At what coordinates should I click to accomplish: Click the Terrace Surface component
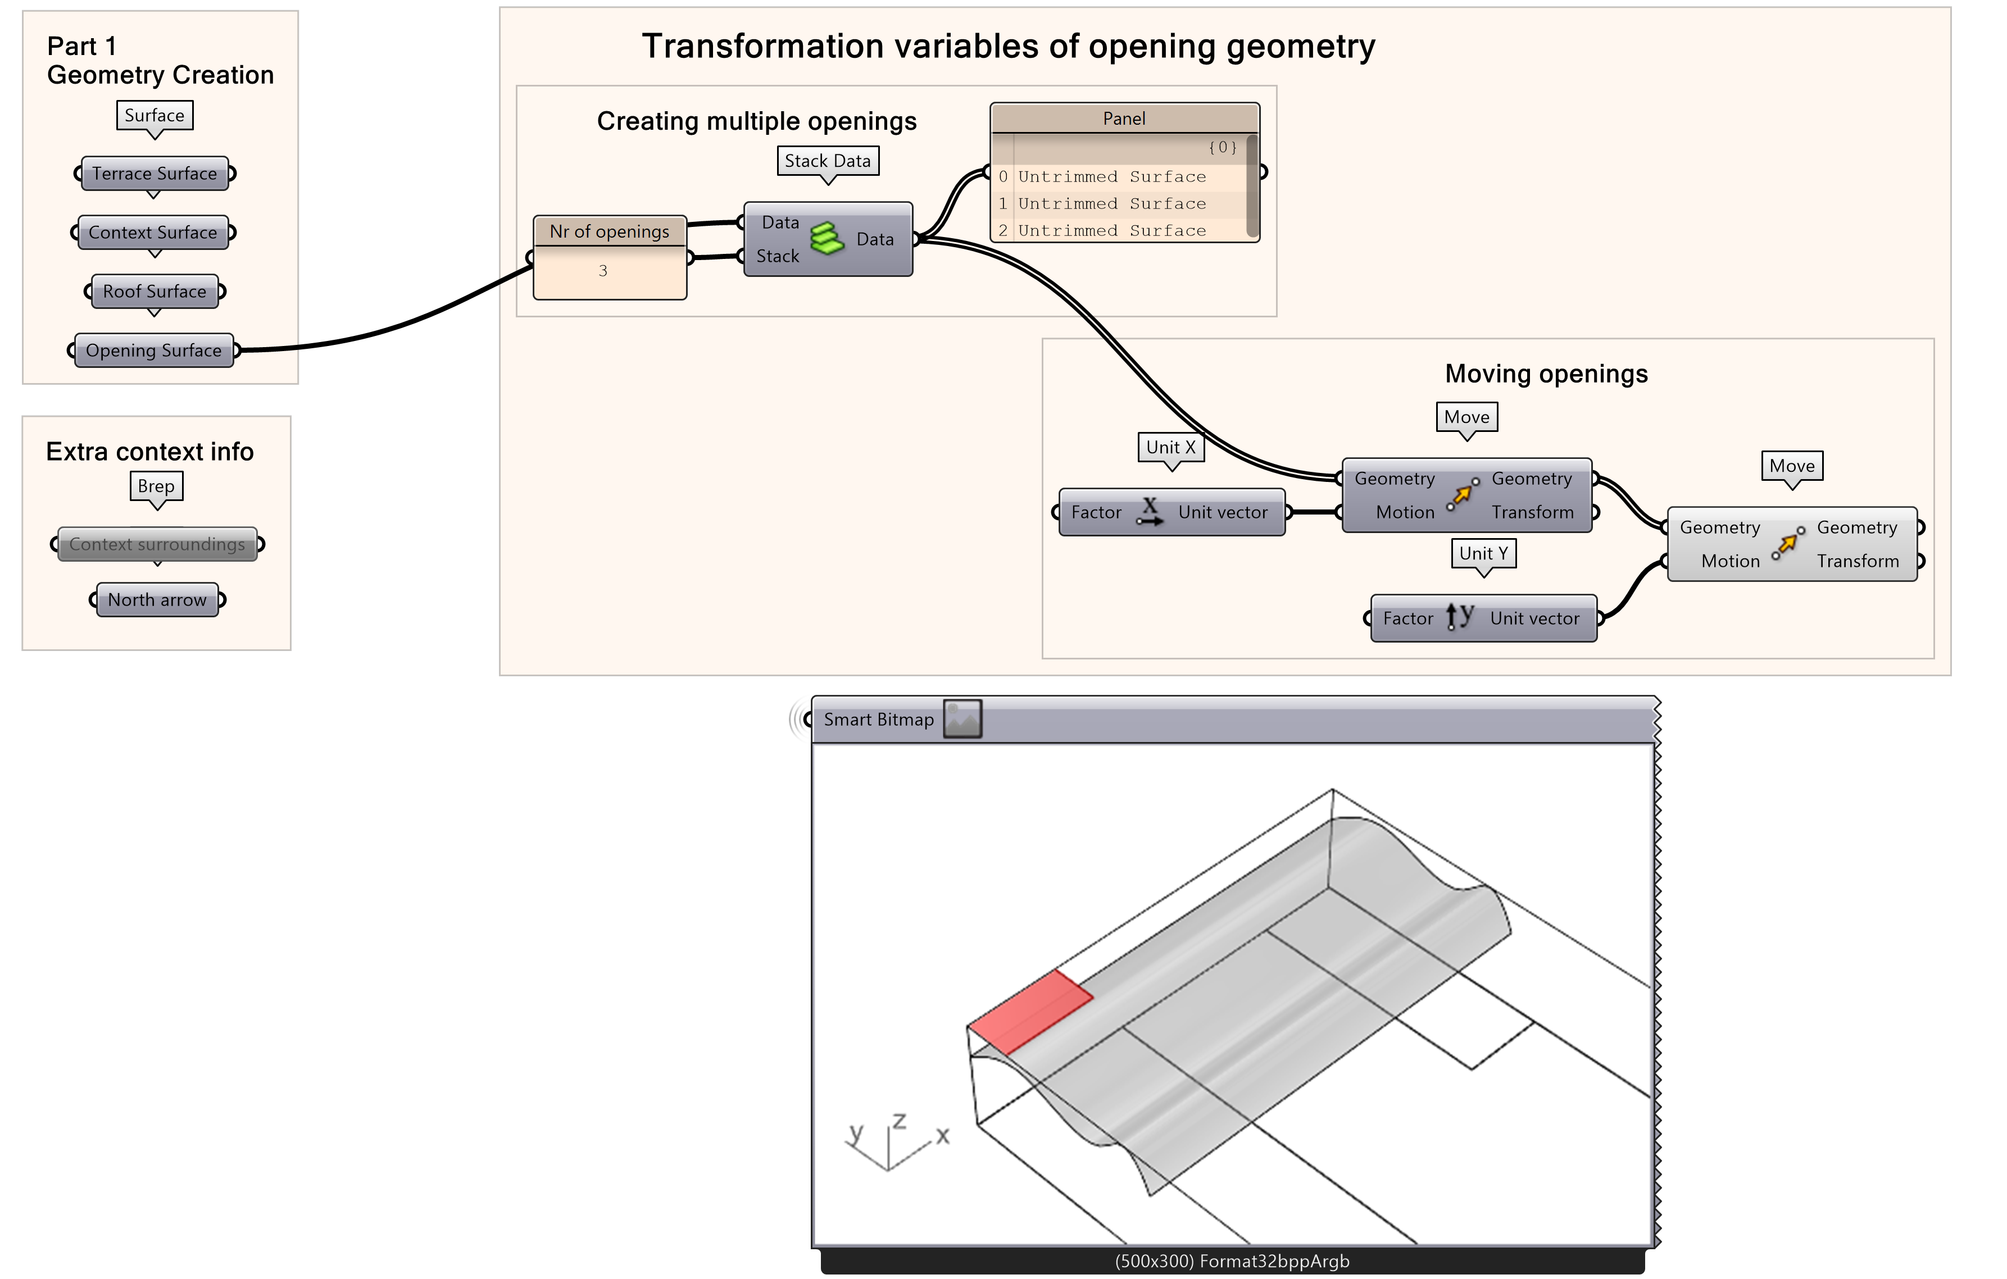pos(154,174)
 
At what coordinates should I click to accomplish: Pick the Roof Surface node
pos(154,292)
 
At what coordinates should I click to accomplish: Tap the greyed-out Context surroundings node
pos(157,544)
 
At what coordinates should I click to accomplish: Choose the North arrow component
pos(157,600)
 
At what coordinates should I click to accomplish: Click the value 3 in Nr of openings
pos(602,271)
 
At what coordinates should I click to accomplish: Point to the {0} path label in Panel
pos(1223,148)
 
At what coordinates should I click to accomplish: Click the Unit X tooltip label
pos(1170,448)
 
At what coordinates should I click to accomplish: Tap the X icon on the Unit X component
pos(1150,511)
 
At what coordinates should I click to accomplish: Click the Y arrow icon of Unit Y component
pos(1459,617)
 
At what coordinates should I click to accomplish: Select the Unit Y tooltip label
pos(1483,553)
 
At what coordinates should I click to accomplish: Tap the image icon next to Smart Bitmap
pos(962,719)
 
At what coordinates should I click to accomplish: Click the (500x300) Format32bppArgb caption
pos(1232,1260)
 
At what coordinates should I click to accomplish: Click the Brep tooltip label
pos(156,486)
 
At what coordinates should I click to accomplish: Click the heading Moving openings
pos(1546,374)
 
